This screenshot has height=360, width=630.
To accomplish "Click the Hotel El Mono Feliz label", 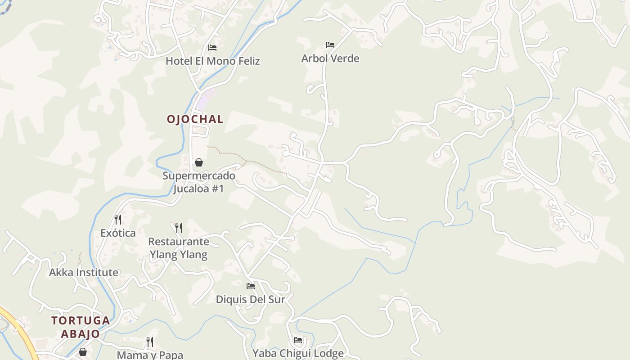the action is (x=212, y=61).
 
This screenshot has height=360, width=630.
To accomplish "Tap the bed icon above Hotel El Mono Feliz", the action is (x=212, y=47).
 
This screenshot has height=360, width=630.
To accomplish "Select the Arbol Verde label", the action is (x=330, y=58).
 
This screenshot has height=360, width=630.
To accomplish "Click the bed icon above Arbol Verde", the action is (x=330, y=45).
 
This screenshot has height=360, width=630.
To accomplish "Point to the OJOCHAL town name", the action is (x=195, y=119).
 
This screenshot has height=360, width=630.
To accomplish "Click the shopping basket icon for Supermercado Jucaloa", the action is (x=198, y=162).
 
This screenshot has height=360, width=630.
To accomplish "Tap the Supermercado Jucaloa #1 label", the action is (x=199, y=182).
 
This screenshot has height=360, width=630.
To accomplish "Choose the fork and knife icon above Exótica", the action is (x=118, y=220).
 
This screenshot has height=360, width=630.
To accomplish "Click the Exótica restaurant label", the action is (x=118, y=233).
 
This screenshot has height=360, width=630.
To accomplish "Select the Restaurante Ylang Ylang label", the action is (x=179, y=248).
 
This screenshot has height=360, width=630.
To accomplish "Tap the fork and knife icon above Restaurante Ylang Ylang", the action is (x=179, y=228).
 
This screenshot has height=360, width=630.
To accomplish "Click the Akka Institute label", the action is (x=84, y=273).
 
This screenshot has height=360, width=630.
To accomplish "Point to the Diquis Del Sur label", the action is (x=251, y=299).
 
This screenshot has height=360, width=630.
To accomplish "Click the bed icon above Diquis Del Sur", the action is (x=251, y=286).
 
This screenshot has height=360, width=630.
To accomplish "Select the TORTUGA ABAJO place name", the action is (x=81, y=327).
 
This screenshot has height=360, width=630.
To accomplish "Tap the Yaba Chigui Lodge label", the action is (x=298, y=354).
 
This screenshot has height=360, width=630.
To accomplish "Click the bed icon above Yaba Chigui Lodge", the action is (x=298, y=340).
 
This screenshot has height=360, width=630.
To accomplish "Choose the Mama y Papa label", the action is (x=150, y=355).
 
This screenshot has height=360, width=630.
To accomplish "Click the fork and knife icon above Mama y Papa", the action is (x=150, y=342).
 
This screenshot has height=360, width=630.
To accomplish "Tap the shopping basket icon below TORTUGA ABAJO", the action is (x=83, y=351).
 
